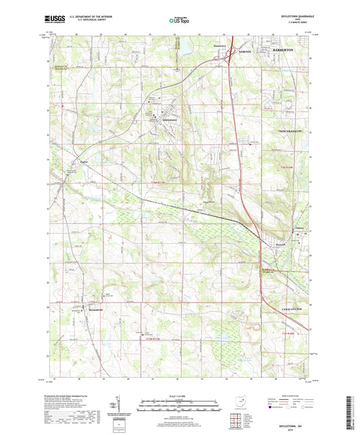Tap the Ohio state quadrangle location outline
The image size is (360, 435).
pyautogui.click(x=233, y=402)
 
